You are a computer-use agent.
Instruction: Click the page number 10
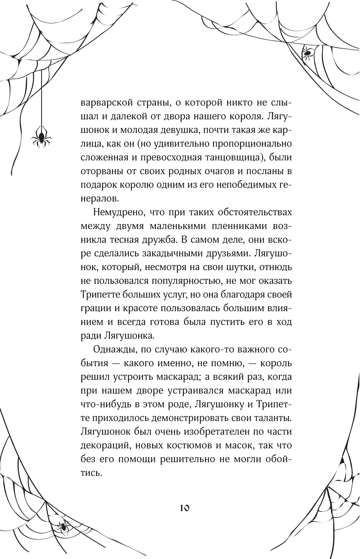click(184, 508)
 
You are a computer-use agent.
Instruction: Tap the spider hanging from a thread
click(40, 138)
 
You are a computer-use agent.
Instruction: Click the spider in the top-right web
click(307, 53)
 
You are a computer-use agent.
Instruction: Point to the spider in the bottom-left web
click(63, 527)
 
